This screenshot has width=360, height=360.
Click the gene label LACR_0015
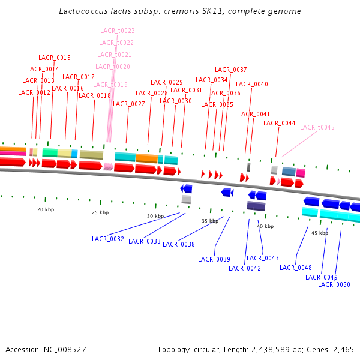[x=55, y=58]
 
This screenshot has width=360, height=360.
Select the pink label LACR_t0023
[x=117, y=31]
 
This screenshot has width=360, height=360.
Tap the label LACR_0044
[x=280, y=123]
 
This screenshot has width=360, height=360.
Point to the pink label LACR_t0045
[x=317, y=127]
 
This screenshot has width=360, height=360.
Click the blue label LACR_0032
[x=108, y=239]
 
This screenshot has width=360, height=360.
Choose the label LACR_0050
[x=334, y=284]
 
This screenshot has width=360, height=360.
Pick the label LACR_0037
[x=231, y=70]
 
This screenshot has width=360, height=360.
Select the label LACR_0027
[x=129, y=104]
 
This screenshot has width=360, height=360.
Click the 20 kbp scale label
[x=46, y=209]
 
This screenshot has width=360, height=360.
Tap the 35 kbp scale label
[x=210, y=221]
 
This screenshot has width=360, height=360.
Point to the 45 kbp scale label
[x=320, y=233]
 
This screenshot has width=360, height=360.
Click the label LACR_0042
[x=245, y=268]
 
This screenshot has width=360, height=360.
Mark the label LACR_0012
[x=34, y=92]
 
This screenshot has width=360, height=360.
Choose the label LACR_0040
[x=252, y=84]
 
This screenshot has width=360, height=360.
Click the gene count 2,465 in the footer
[x=343, y=349]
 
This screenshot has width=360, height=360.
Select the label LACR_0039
[x=214, y=259]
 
